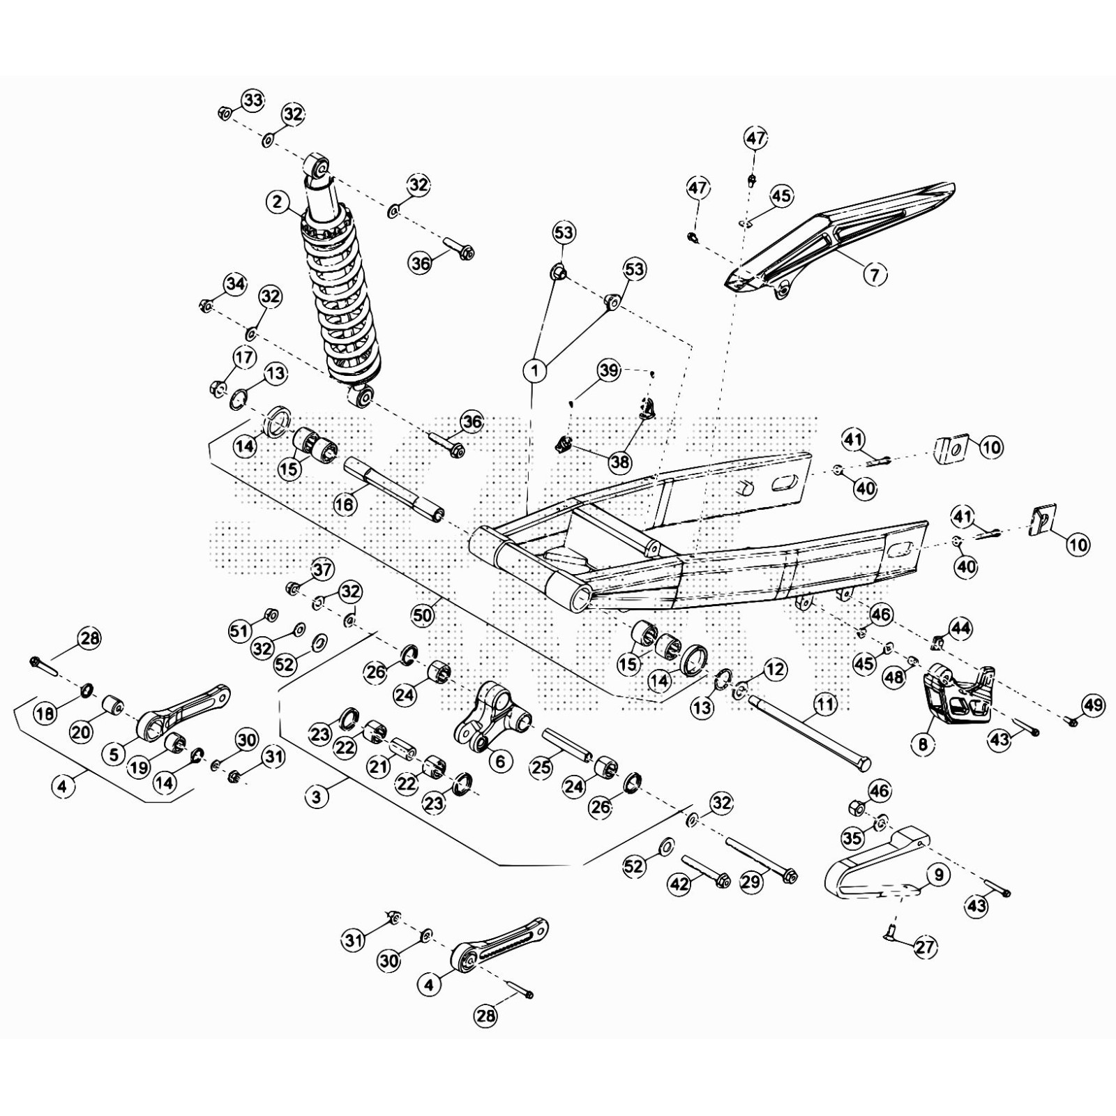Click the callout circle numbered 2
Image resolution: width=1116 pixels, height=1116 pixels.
tap(278, 202)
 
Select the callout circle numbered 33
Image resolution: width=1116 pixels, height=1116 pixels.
tap(253, 100)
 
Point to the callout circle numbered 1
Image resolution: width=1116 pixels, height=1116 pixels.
tap(535, 371)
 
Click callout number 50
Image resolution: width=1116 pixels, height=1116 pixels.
tap(423, 614)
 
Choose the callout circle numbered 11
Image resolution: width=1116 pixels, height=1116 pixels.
tap(825, 704)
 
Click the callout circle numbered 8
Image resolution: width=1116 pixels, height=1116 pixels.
tap(923, 745)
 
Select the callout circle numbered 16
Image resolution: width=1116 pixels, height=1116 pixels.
tap(345, 504)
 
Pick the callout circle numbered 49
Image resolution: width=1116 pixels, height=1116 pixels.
tap(1094, 705)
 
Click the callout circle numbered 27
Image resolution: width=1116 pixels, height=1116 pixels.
tap(926, 947)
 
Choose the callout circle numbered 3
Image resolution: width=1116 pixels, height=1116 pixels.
tap(317, 796)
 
